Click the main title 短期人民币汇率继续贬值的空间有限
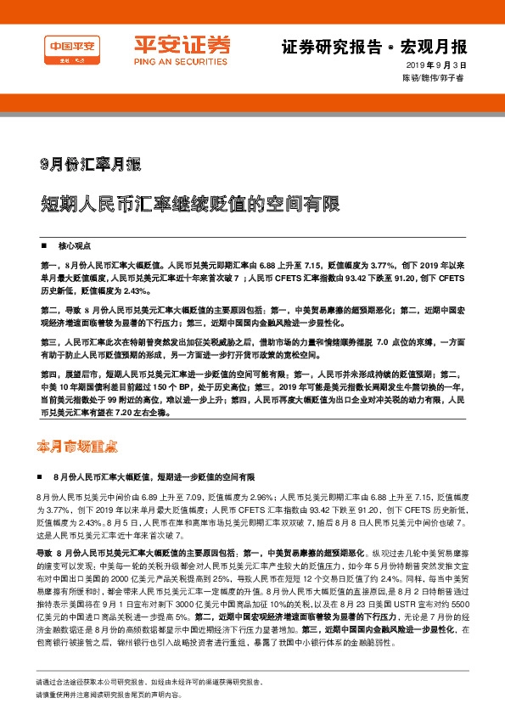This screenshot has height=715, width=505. coord(189,205)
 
